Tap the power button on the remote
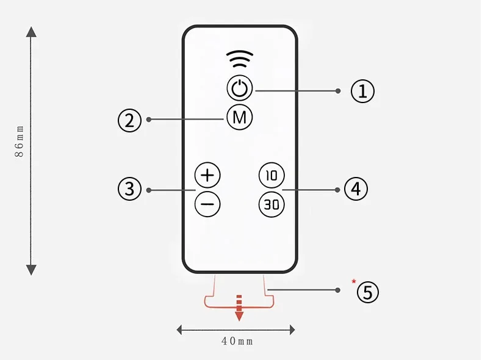[239, 88]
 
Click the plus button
[207, 176]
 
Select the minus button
[207, 204]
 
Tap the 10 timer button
[271, 176]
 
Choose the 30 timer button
[271, 204]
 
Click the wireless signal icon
[239, 60]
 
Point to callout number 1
[362, 91]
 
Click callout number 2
[129, 120]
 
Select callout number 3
[129, 189]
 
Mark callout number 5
[367, 292]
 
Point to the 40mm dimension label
[237, 342]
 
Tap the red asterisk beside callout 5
[353, 281]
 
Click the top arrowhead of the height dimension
[31, 32]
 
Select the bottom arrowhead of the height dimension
[31, 269]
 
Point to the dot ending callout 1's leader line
[338, 91]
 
